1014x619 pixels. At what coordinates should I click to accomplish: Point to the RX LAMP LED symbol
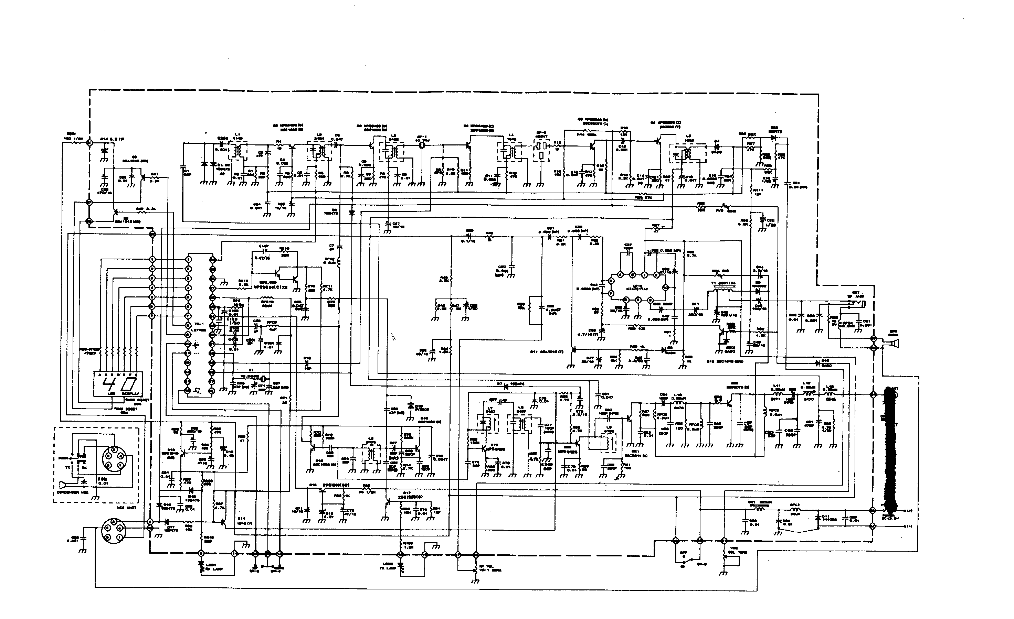[x=201, y=564]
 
